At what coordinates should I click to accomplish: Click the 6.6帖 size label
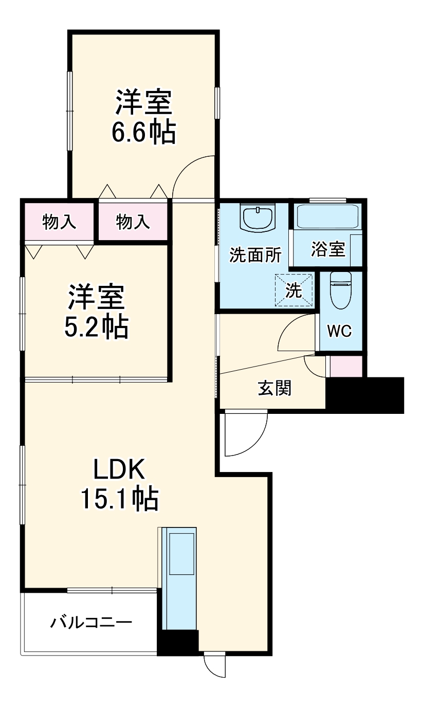click(143, 132)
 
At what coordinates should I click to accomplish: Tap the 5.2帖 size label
click(96, 326)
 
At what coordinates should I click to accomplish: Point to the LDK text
click(120, 469)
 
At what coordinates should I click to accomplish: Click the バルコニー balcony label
click(91, 623)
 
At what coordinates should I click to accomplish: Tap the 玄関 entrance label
click(274, 388)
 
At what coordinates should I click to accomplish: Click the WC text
click(339, 332)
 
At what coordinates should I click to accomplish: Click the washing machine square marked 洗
click(294, 290)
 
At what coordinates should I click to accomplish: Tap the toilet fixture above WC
click(340, 290)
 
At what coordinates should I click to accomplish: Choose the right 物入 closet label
click(133, 222)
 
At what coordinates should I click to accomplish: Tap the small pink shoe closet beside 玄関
click(345, 366)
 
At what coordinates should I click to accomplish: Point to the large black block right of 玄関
click(364, 395)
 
